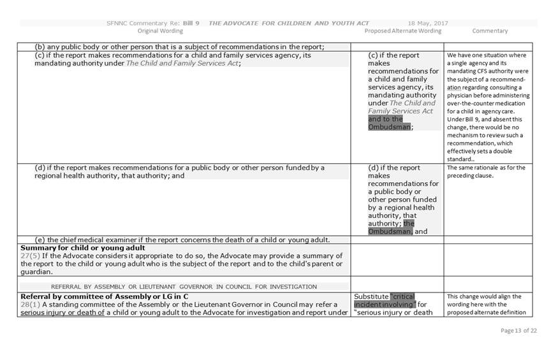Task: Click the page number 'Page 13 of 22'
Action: click(519, 331)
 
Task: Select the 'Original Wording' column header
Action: click(160, 31)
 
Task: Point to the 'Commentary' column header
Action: click(490, 31)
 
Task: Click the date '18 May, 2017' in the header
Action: click(427, 24)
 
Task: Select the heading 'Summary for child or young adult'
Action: click(83, 248)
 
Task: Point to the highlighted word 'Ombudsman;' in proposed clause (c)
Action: click(390, 127)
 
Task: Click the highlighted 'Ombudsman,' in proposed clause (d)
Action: click(390, 231)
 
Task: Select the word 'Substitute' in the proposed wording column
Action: click(371, 296)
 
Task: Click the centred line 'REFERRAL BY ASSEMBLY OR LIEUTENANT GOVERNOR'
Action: click(184, 287)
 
